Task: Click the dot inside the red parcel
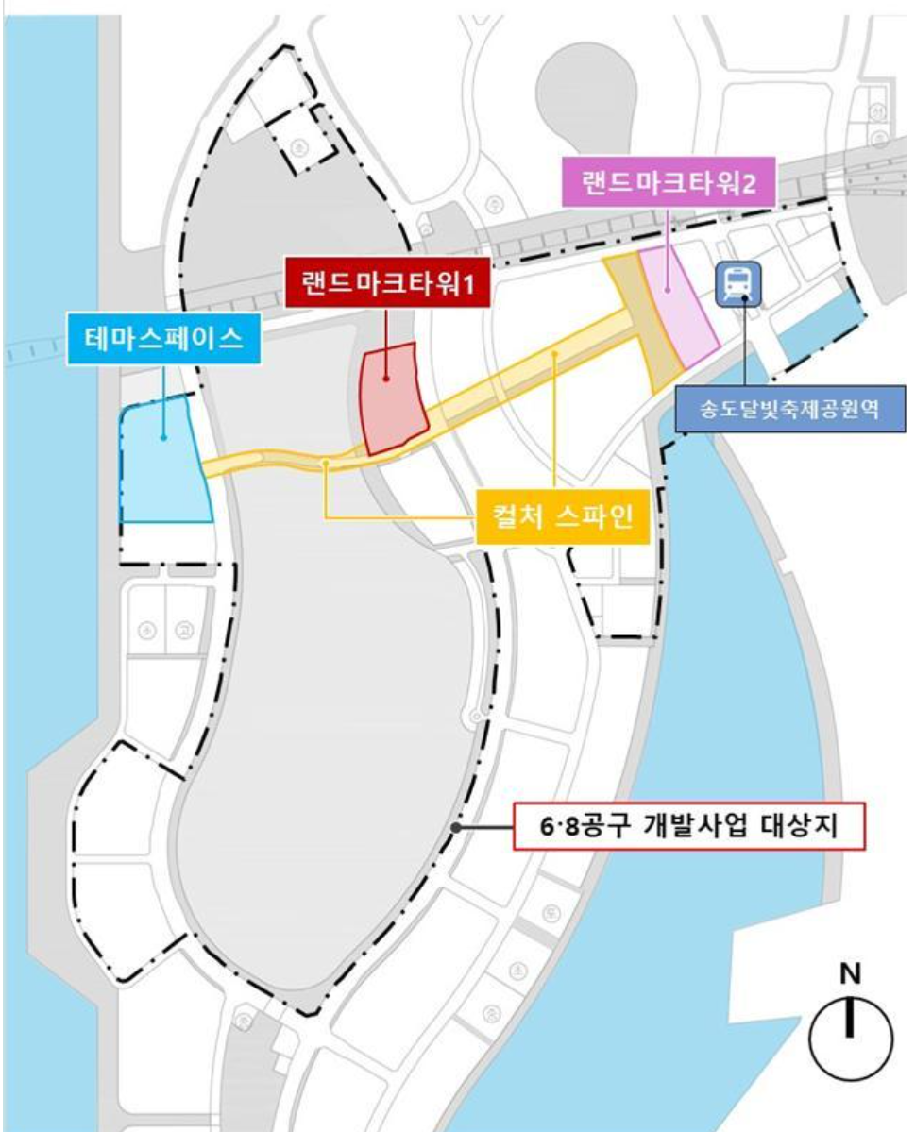tap(388, 380)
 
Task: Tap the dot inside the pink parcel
tap(668, 288)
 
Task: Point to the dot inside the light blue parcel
tap(164, 437)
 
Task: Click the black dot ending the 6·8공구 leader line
tap(456, 827)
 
